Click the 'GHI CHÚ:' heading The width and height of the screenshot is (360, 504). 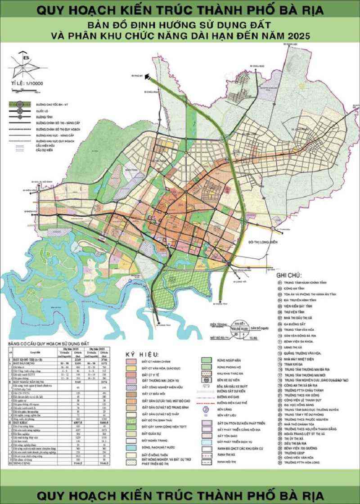(x=289, y=274)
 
